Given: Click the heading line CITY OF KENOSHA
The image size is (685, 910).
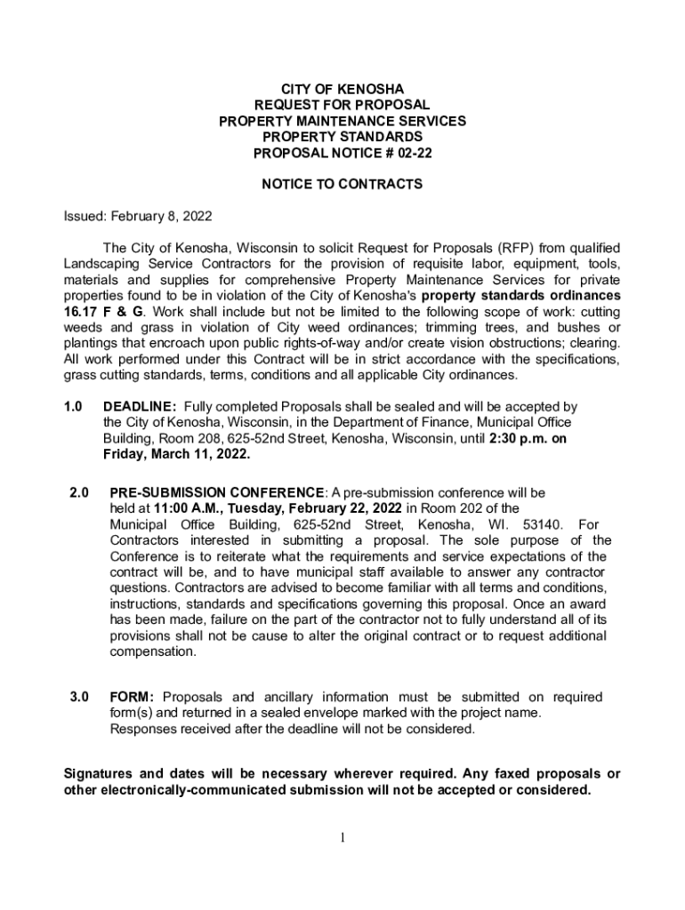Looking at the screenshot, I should [342, 89].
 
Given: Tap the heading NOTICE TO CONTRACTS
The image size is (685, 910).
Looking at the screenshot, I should [342, 185].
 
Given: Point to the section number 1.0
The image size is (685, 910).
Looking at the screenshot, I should [73, 406].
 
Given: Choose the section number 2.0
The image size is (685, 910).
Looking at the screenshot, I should [79, 491].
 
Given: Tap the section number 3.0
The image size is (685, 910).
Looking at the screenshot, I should [79, 697].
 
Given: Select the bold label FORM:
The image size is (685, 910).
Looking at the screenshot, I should [133, 697].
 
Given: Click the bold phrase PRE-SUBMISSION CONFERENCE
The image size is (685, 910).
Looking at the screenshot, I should [216, 491].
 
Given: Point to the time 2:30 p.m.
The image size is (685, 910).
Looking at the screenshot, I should [520, 438].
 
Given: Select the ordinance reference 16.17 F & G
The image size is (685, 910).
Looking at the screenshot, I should [103, 311].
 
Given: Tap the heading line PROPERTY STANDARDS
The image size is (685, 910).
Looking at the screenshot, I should [342, 137].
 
